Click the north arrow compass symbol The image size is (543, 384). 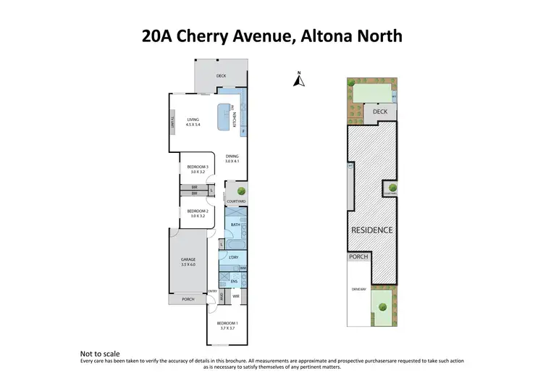tap(298, 80)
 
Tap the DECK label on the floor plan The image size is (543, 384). tap(221, 75)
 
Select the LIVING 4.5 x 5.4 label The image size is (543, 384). tap(193, 122)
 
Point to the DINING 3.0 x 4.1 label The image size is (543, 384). tap(232, 158)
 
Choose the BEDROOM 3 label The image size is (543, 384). tap(198, 170)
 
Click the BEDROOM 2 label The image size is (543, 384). tap(198, 214)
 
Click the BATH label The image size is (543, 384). tap(235, 225)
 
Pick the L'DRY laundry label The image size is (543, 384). tap(233, 258)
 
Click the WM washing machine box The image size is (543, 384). tap(243, 267)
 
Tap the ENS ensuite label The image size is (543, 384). tap(235, 280)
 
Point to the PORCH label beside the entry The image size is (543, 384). tap(188, 299)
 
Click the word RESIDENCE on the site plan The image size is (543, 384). tap(372, 230)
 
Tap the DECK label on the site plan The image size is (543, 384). tap(380, 112)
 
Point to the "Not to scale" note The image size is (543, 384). tap(97, 354)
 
